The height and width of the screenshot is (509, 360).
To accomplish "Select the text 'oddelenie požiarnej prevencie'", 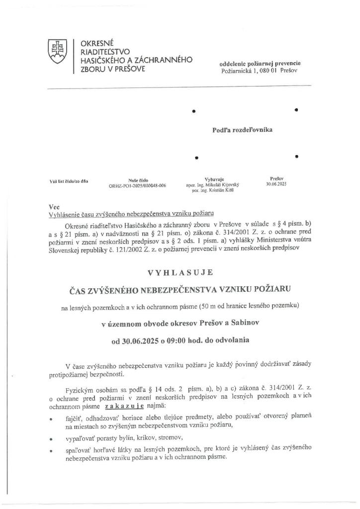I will [x=260, y=64].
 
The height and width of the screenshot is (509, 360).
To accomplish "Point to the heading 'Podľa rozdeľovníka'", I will [x=242, y=130].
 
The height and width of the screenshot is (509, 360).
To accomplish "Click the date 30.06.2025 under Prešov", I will [x=277, y=183].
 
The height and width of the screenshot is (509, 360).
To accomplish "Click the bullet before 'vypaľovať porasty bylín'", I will [x=51, y=439].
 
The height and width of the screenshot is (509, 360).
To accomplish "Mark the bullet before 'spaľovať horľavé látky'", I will [x=51, y=451].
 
